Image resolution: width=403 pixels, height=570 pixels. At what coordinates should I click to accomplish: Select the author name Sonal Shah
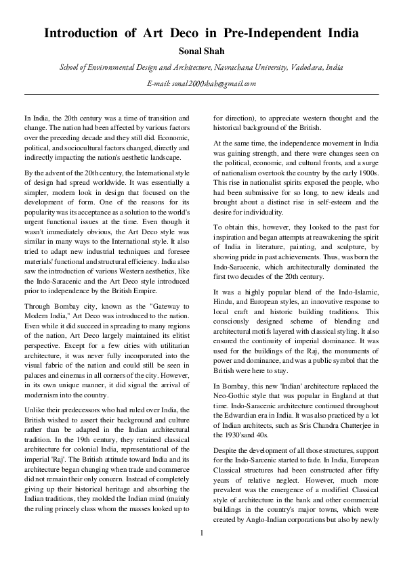coord(201,51)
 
